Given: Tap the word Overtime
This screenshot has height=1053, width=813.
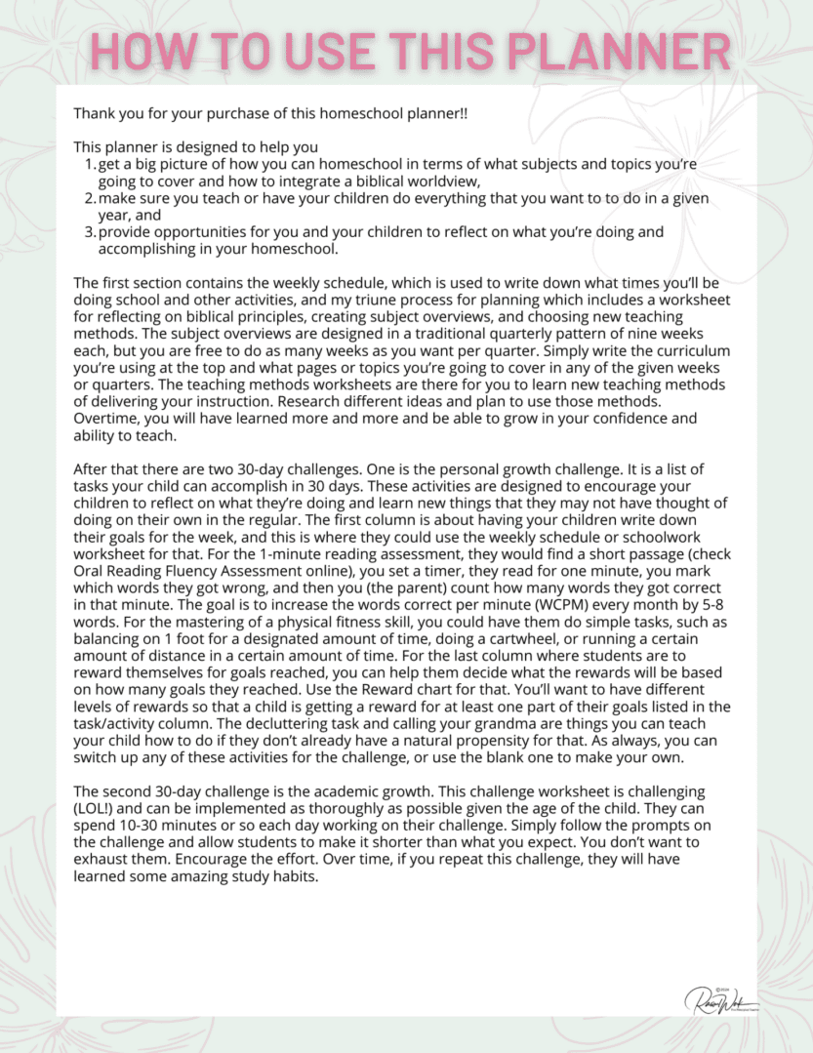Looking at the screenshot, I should point(105,419).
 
